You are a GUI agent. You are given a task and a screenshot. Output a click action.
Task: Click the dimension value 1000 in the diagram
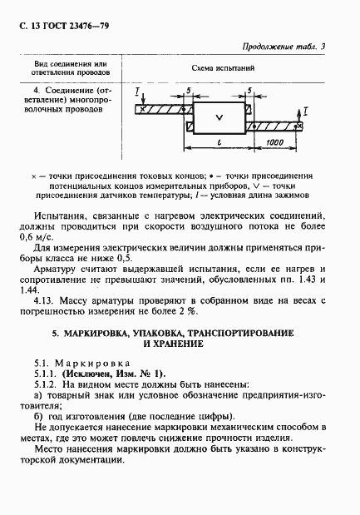tap(279, 142)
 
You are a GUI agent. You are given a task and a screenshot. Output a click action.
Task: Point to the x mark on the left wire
tap(145, 108)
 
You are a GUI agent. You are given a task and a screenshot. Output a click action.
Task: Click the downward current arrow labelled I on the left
tap(136, 93)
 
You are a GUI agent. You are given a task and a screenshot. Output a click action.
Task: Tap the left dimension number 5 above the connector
tap(190, 89)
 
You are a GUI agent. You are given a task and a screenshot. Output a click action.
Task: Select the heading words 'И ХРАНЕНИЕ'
tap(179, 343)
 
